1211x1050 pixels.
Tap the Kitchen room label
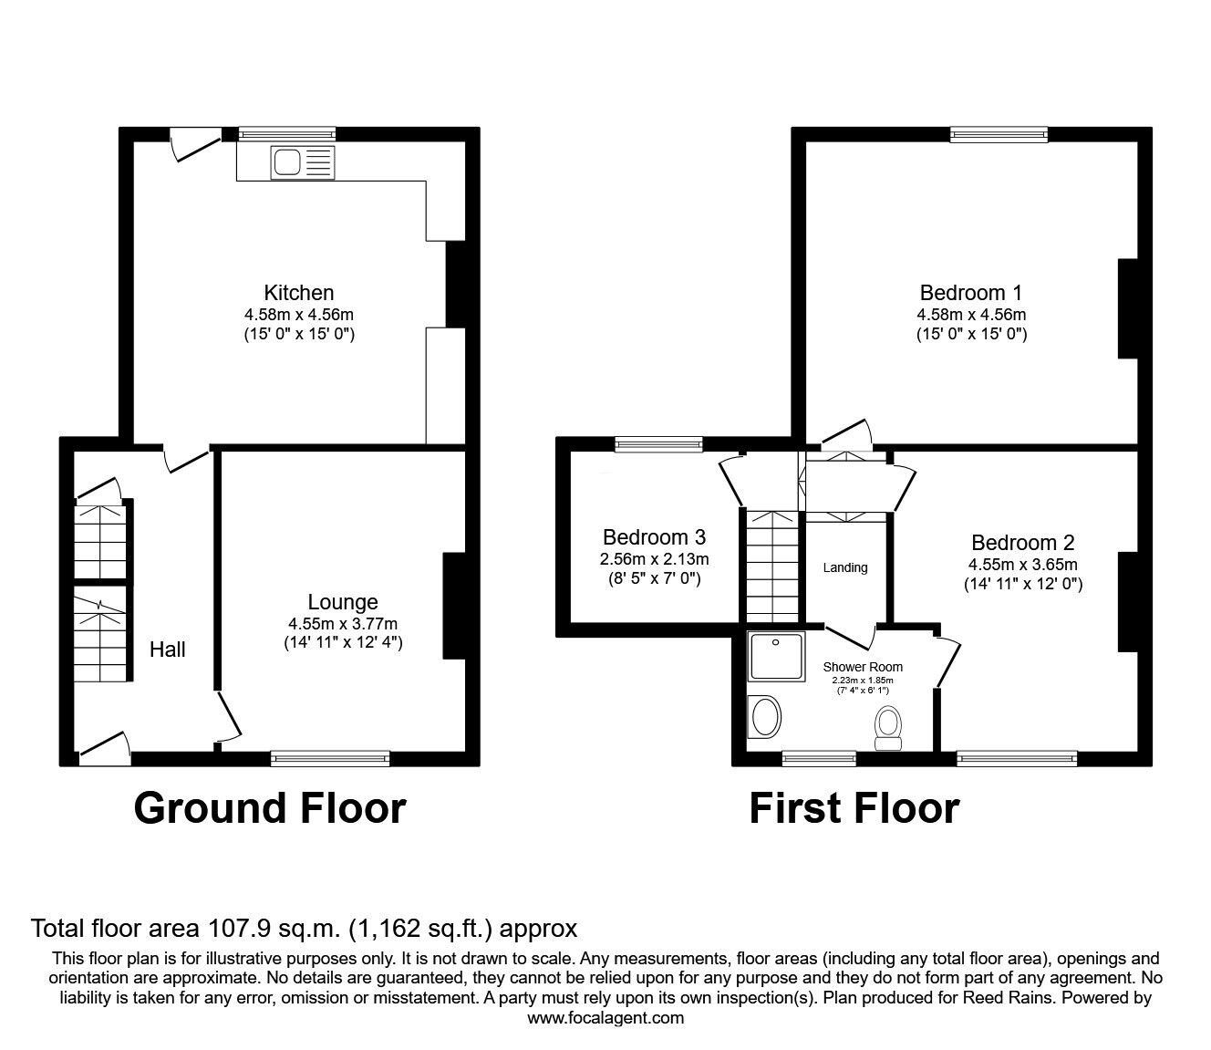point(298,293)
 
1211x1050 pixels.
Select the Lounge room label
point(343,602)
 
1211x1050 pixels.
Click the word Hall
point(168,650)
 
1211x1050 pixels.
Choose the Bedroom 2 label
point(1022,543)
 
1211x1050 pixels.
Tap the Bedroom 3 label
point(654,537)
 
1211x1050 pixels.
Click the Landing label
point(845,567)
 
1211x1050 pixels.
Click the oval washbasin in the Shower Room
point(764,717)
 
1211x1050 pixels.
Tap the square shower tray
point(774,657)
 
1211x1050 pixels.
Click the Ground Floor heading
point(269,808)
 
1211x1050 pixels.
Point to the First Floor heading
point(854,808)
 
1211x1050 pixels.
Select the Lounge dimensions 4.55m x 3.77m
point(343,624)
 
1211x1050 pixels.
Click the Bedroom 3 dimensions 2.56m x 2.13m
point(654,559)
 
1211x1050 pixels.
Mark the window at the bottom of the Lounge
point(330,757)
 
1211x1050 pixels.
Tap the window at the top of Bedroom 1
point(999,135)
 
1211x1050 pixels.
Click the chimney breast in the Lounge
point(453,605)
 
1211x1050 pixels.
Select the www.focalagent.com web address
point(605,1017)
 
